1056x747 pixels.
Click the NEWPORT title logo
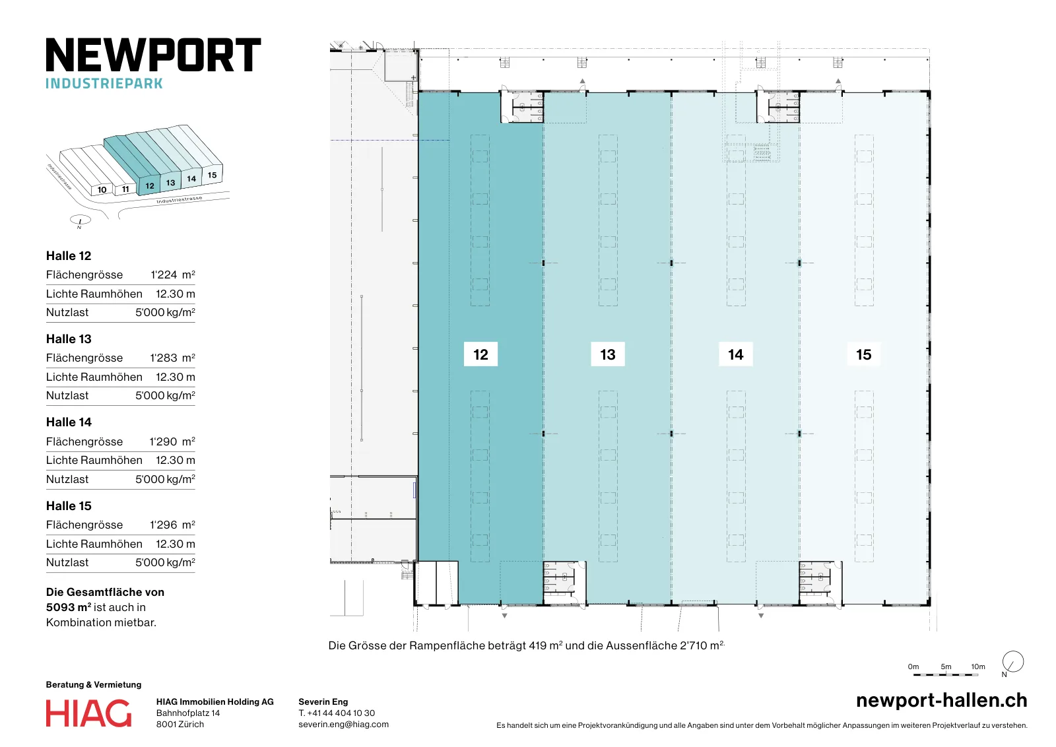point(153,55)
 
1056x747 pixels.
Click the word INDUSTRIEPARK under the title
point(104,83)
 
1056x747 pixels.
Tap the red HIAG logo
point(88,713)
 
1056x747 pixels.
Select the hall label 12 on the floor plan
point(480,354)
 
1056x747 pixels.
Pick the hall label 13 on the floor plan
point(608,354)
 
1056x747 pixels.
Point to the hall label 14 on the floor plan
point(735,354)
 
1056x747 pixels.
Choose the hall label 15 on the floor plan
point(864,354)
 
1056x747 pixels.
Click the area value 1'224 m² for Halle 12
point(172,275)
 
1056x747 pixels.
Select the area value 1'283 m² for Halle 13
point(172,358)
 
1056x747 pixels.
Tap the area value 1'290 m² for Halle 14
point(172,441)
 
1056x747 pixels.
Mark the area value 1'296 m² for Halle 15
point(172,525)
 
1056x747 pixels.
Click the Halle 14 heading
point(69,422)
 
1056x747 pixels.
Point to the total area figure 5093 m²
point(69,607)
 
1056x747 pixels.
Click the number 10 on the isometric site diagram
point(102,190)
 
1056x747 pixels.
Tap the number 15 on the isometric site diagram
point(212,175)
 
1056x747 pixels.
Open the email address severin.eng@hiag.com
point(344,725)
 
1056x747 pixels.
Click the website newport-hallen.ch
point(941,700)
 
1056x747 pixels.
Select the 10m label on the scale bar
point(977,666)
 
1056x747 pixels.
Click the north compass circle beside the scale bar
point(1012,661)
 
